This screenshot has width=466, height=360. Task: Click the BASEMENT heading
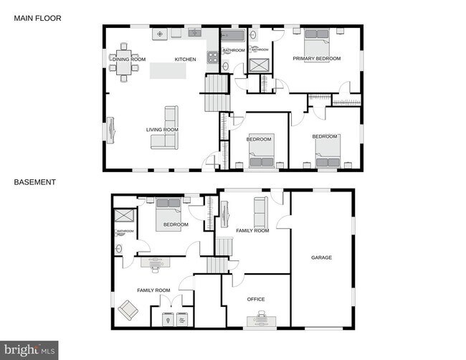coord(34,182)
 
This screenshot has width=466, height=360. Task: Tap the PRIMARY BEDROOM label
coord(316,58)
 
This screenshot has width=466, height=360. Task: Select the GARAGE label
coord(321,257)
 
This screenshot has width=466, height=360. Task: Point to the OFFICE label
coord(256,299)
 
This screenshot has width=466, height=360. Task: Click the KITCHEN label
coord(185,60)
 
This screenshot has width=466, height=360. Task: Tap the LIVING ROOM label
coord(162,130)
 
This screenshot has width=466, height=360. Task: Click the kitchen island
coord(168,71)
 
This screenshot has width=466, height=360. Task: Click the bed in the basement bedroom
coord(169,211)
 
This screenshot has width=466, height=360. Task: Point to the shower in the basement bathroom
coord(124,215)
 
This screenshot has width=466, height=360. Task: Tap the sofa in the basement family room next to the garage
coord(260,212)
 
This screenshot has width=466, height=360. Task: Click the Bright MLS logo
coord(29,351)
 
